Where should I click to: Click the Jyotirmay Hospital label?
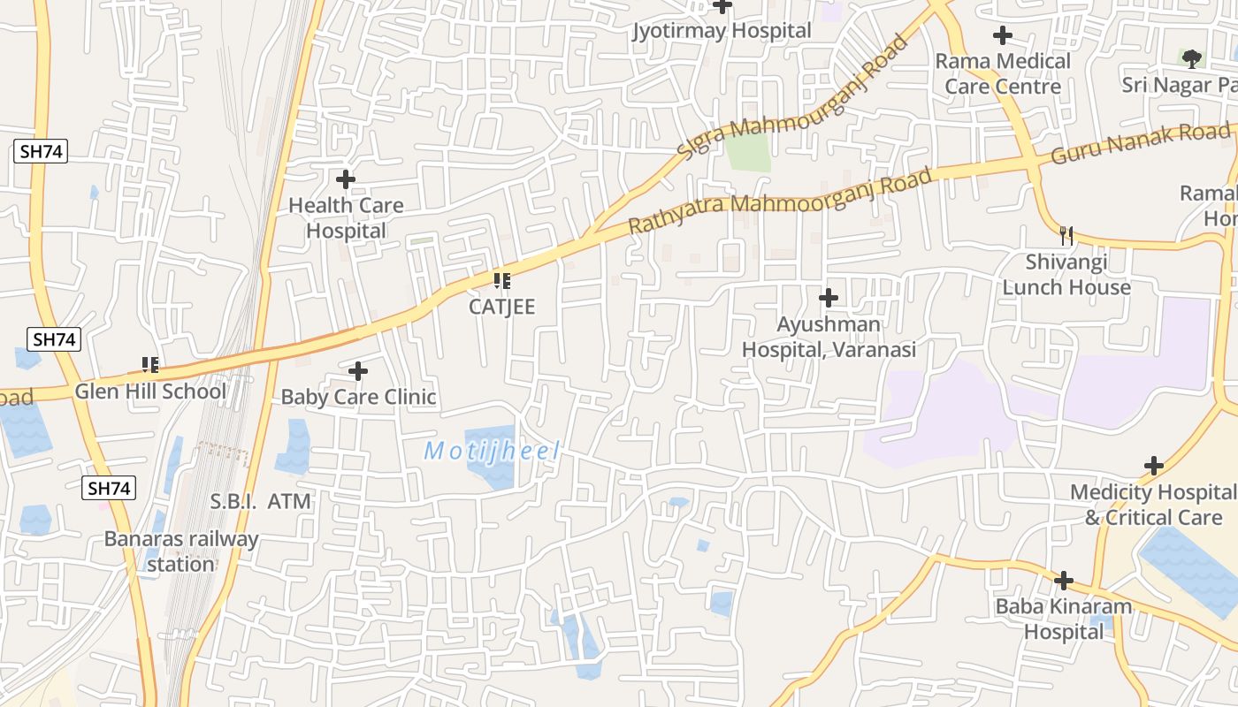[722, 31]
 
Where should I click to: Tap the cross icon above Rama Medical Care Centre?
[1002, 35]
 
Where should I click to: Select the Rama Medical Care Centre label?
[1003, 74]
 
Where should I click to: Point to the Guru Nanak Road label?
[1140, 144]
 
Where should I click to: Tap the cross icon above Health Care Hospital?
[346, 179]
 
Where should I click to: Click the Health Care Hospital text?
[346, 218]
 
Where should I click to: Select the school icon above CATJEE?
[501, 281]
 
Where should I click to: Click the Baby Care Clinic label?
[358, 397]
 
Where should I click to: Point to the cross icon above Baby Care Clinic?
[358, 371]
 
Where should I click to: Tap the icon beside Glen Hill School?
[150, 365]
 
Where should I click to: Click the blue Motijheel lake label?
[492, 452]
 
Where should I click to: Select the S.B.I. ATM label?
[261, 502]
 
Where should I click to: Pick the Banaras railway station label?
[181, 551]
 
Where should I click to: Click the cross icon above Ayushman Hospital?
[829, 298]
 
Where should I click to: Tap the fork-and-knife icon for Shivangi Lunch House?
[1066, 235]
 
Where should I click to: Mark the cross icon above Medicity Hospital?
[1154, 466]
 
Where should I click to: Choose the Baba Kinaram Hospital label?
[1064, 620]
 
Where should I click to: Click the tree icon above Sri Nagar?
[1192, 59]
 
